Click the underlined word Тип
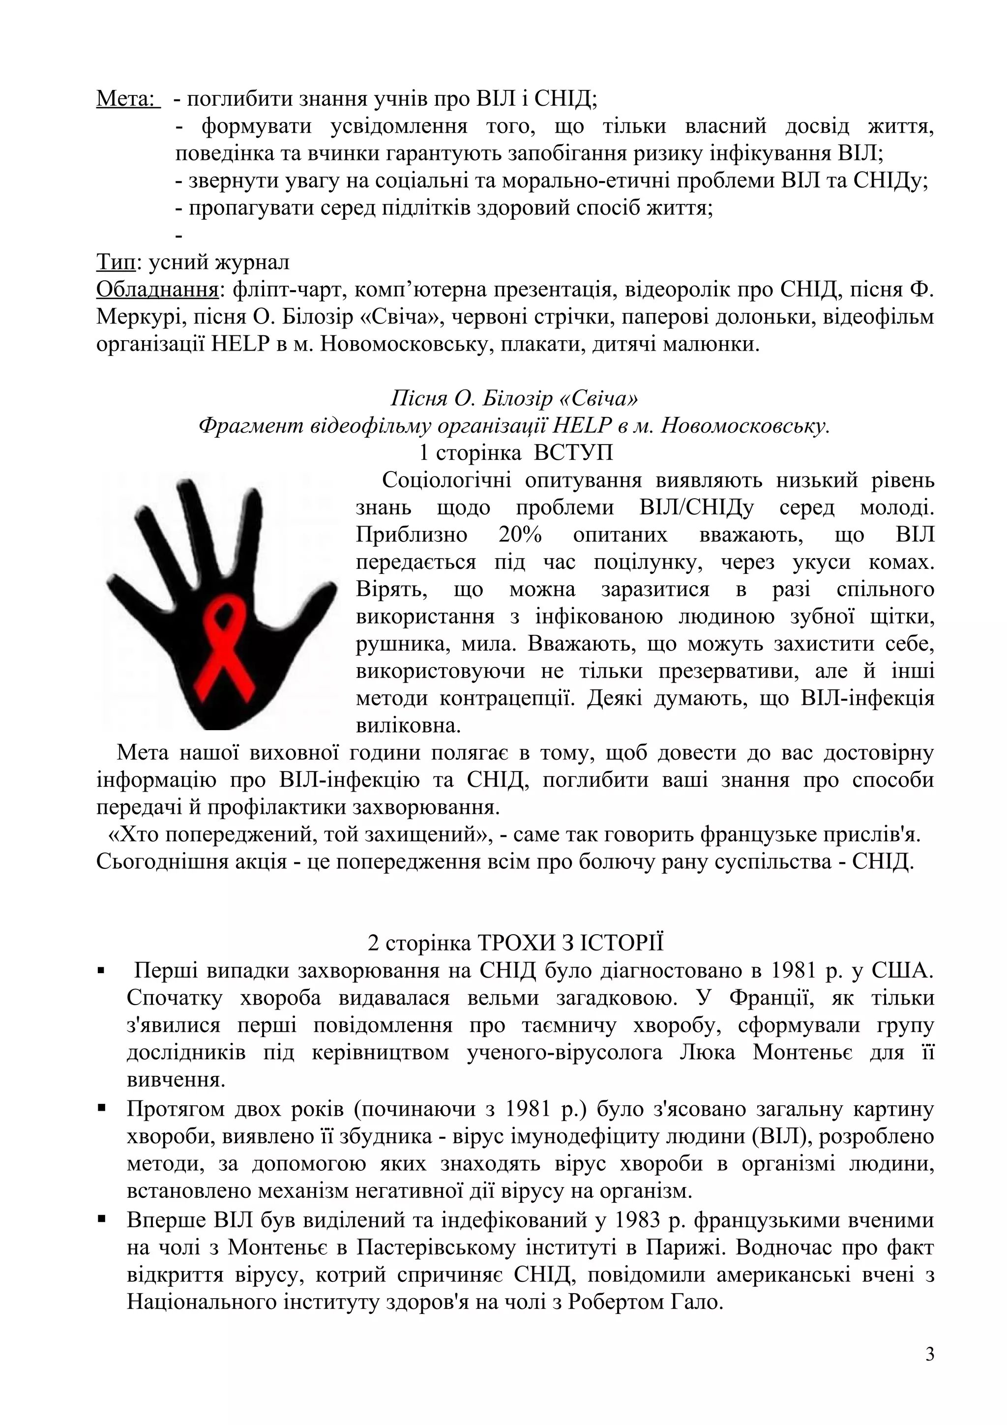[116, 263]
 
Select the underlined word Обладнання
[157, 290]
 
